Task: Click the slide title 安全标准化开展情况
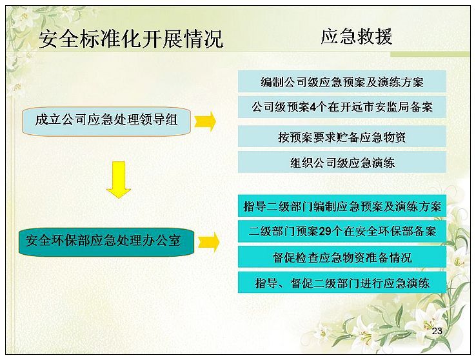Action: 131,39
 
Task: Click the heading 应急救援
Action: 357,37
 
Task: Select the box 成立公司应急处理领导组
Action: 106,121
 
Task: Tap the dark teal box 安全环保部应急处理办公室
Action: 106,242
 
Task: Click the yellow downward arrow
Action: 119,180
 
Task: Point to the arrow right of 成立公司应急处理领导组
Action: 205,121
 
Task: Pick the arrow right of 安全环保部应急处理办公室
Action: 208,242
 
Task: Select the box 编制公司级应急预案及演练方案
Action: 342,82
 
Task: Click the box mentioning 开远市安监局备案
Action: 342,107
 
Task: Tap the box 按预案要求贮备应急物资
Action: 342,137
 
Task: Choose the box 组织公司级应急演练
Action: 342,163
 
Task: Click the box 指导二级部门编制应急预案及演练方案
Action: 342,206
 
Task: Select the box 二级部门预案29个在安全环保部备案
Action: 342,232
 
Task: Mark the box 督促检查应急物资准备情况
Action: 342,257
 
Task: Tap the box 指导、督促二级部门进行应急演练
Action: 342,283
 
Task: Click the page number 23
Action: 437,331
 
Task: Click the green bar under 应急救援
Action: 430,54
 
